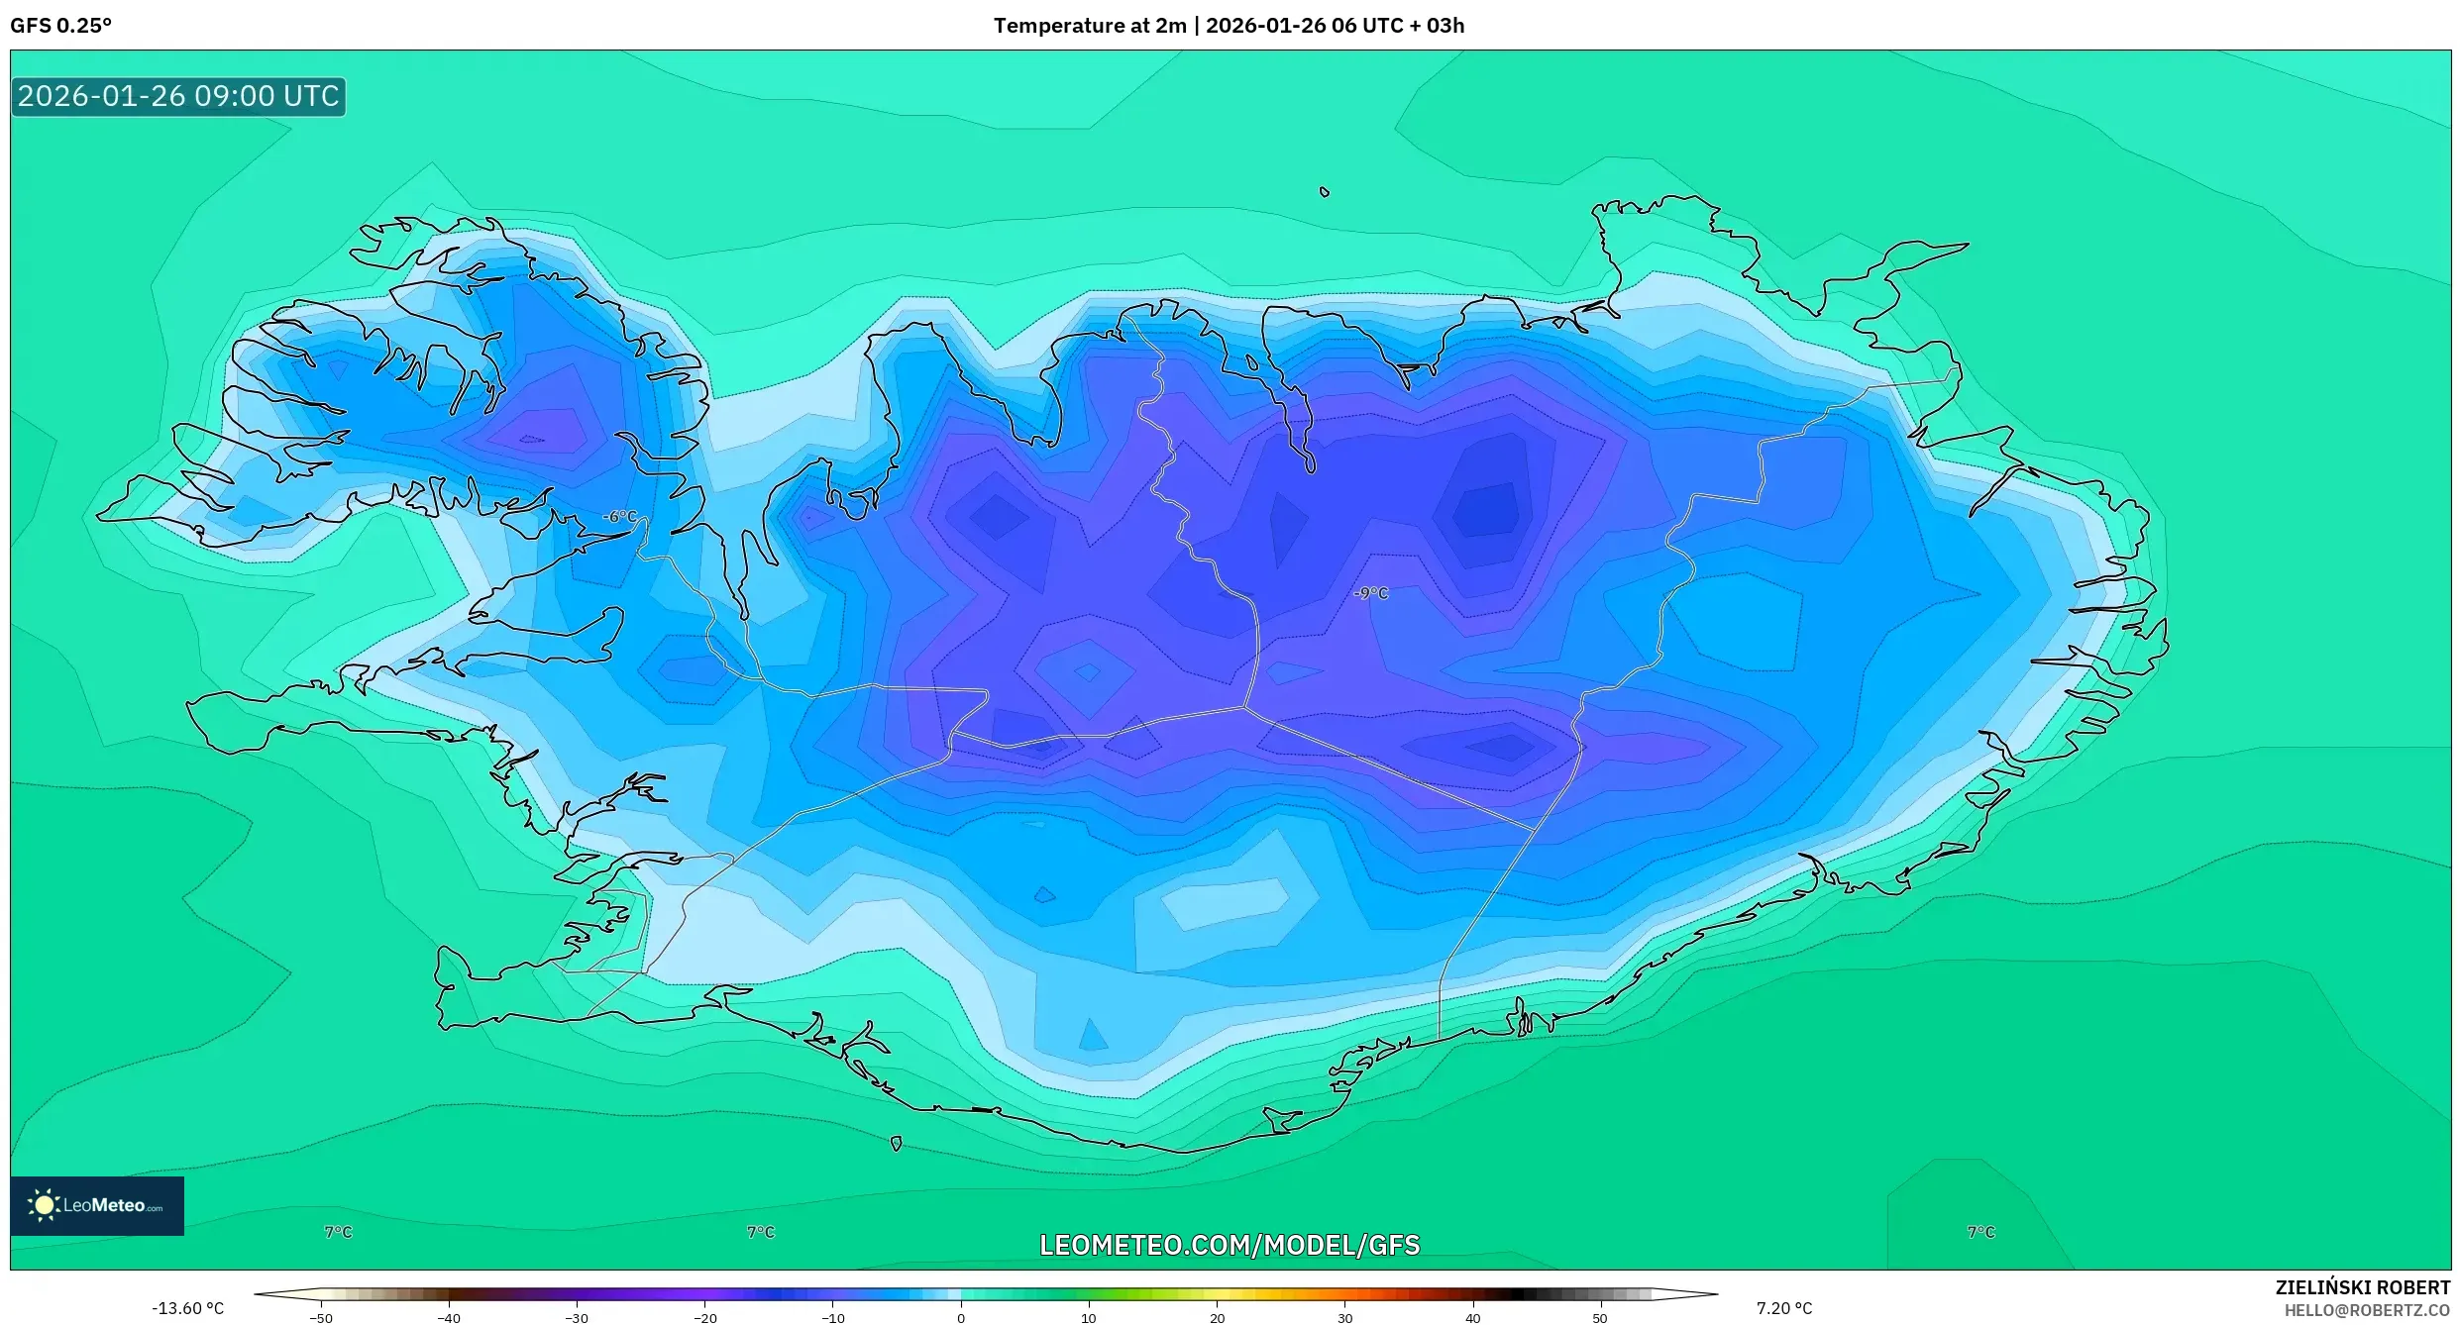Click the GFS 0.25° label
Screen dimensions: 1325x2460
61,26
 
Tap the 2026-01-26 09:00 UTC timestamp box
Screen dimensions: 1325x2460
178,96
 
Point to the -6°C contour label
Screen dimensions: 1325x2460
620,517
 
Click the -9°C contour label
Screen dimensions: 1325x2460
1371,593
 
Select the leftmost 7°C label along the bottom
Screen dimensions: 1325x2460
338,1232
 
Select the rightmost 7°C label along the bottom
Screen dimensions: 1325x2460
1980,1232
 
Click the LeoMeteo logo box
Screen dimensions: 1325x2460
97,1205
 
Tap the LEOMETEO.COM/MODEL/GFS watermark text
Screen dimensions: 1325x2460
1229,1245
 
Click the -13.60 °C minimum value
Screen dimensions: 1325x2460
187,1308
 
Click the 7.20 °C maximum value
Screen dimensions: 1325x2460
1783,1308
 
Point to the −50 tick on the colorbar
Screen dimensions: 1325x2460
320,1317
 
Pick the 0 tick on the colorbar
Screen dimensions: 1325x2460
960,1317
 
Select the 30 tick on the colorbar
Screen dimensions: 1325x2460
1344,1317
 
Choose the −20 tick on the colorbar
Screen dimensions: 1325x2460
704,1317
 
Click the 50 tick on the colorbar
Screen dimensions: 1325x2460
1600,1317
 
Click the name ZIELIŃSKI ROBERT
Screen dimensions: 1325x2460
2362,1287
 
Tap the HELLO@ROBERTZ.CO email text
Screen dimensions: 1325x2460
2366,1310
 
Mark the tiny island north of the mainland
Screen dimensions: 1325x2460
1324,192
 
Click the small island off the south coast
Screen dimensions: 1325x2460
896,1144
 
